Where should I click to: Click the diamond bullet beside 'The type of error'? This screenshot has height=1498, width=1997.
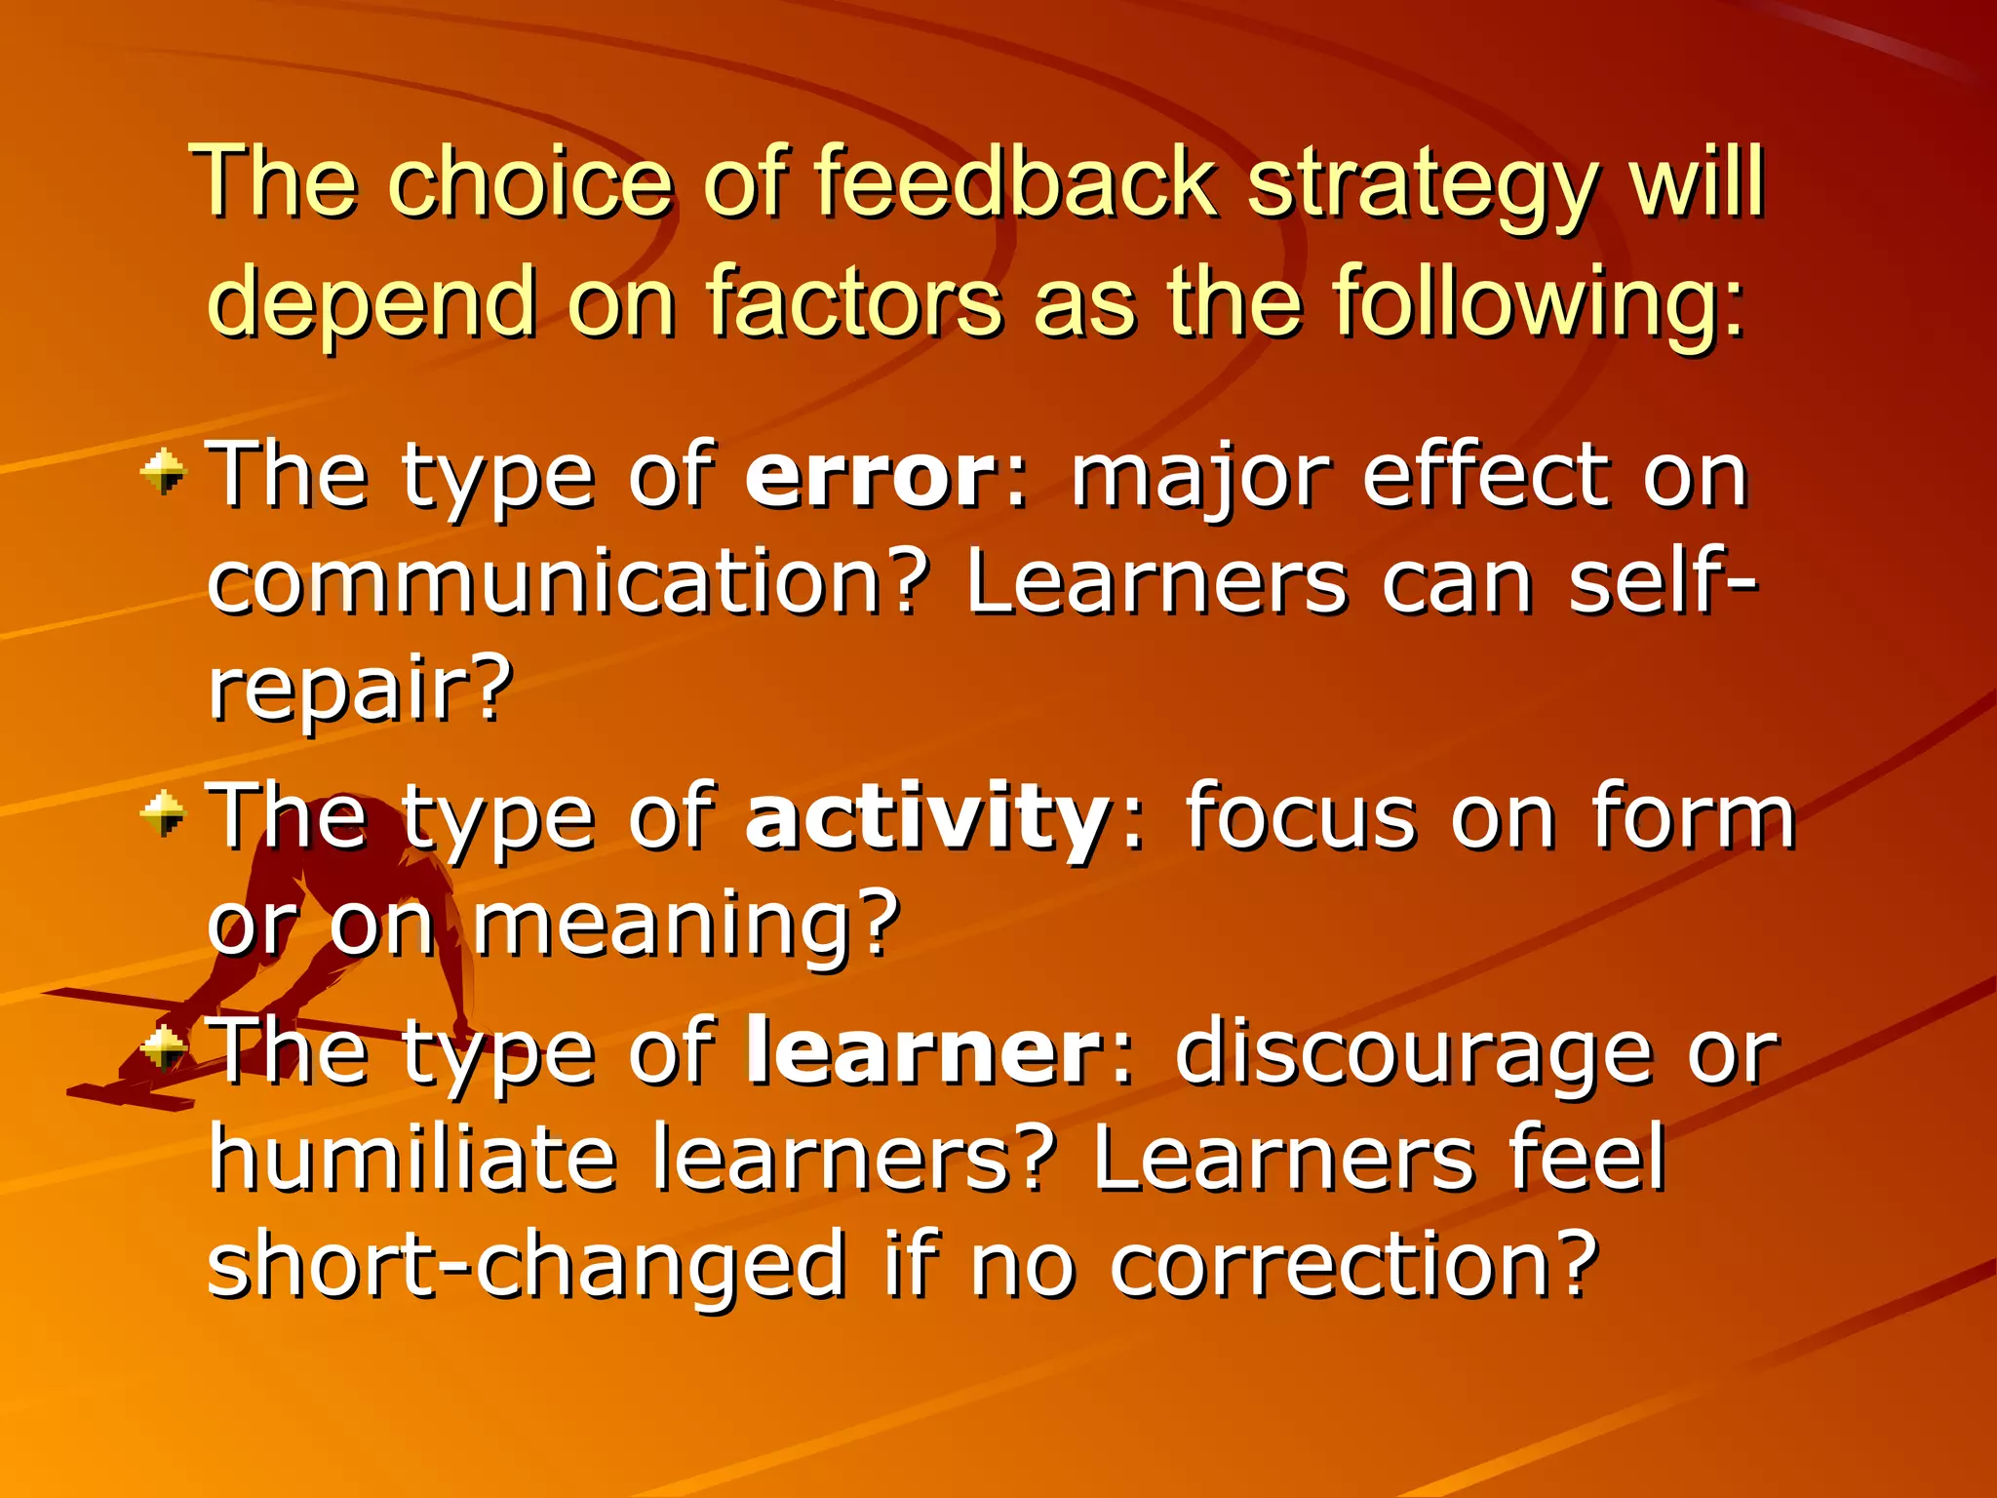point(163,473)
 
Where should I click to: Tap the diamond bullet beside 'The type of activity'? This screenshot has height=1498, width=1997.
point(163,813)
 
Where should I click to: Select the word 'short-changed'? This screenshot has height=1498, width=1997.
point(527,1266)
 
